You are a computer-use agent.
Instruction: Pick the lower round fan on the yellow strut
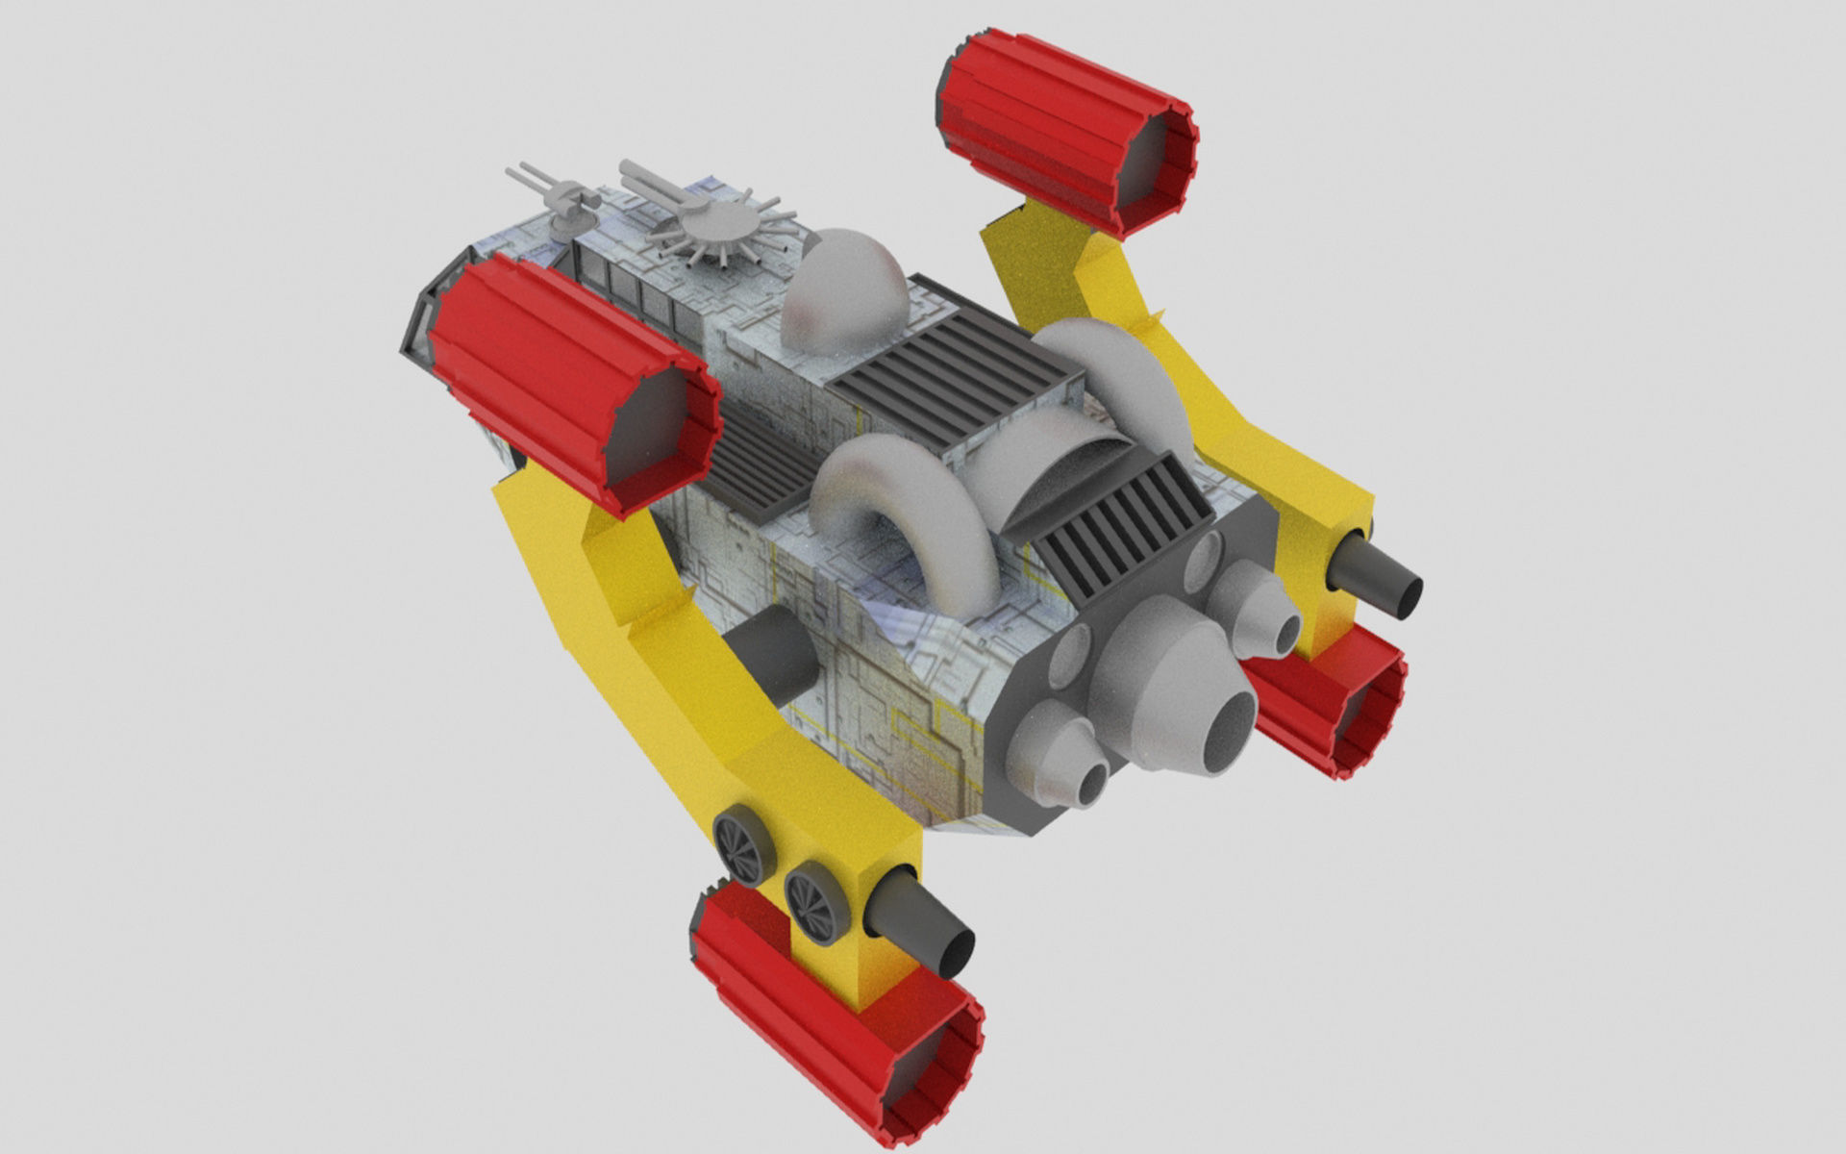click(817, 900)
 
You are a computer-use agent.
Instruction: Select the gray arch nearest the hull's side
click(899, 510)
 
